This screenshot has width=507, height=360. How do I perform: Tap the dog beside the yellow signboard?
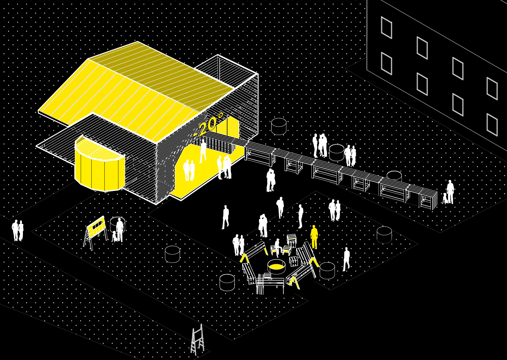115,236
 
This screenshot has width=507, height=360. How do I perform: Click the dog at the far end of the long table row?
445,198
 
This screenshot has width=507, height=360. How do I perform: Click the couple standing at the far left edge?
17,230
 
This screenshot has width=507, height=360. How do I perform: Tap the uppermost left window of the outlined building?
386,28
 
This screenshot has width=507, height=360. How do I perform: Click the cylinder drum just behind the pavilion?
279,126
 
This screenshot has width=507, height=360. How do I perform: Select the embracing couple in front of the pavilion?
270,180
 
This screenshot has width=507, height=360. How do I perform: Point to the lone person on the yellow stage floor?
203,151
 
